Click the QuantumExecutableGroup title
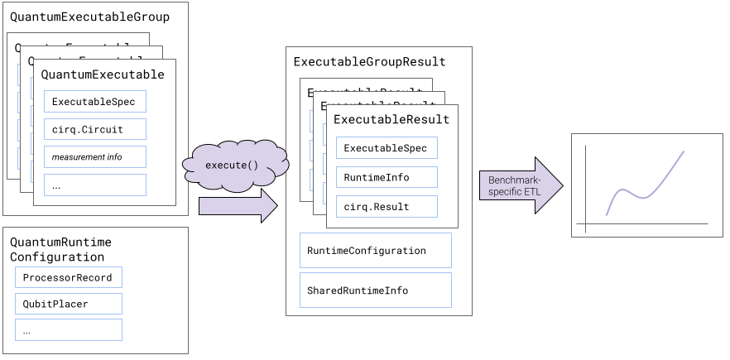(89, 17)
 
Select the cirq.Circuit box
(94, 129)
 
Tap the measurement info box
(94, 156)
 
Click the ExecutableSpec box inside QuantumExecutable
(94, 102)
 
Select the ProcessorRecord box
(69, 277)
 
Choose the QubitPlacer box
(69, 304)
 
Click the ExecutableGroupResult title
(369, 61)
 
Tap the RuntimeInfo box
(386, 177)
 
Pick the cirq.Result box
(386, 205)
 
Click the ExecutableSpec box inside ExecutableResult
(386, 148)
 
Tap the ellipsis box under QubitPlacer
(69, 330)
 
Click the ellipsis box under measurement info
(94, 185)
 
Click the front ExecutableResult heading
(391, 119)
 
